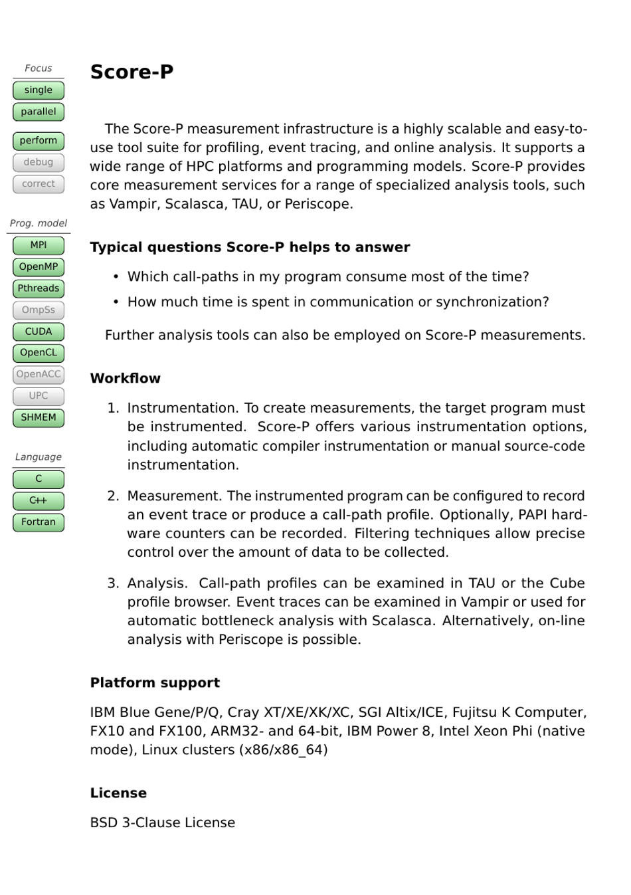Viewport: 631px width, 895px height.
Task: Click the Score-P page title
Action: (132, 72)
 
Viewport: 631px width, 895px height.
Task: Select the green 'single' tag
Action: (39, 90)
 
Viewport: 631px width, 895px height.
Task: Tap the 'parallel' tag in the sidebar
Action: (39, 112)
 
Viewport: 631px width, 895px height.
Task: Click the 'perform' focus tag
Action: (39, 141)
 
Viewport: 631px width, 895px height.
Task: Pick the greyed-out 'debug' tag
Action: (39, 162)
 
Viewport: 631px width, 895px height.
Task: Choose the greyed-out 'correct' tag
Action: (39, 184)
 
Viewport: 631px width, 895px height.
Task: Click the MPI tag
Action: (39, 245)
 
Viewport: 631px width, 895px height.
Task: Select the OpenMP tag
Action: (39, 267)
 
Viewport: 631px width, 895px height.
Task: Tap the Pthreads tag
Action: (39, 288)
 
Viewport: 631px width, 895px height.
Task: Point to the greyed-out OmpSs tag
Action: (39, 310)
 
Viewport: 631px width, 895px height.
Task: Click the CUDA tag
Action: (39, 332)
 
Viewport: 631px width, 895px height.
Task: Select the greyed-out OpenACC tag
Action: (39, 375)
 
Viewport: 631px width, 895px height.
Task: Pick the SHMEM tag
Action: (39, 418)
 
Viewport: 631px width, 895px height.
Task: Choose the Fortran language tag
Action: (39, 522)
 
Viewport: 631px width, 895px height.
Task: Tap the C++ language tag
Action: (39, 500)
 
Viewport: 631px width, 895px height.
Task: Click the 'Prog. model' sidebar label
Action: (39, 223)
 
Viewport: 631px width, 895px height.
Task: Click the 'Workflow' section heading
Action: (125, 378)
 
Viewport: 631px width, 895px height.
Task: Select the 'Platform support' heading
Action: (155, 682)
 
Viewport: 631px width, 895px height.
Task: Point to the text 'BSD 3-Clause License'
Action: (162, 823)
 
